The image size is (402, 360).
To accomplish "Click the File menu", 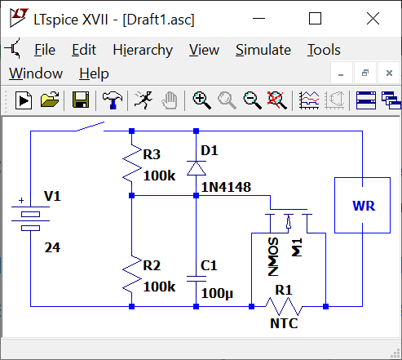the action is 45,50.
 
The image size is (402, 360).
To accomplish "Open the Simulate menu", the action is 263,50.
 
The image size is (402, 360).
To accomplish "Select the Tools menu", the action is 324,50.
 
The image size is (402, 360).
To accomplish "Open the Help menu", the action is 94,73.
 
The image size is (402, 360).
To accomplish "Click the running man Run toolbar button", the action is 144,100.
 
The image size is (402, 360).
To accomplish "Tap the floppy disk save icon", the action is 81,100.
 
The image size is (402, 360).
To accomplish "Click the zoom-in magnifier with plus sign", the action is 201,100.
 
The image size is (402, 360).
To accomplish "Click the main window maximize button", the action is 315,19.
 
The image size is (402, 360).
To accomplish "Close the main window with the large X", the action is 373,19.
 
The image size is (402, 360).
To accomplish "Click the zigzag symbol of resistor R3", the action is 132,163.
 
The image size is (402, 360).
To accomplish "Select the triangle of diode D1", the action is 196,168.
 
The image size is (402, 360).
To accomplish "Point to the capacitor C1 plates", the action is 196,279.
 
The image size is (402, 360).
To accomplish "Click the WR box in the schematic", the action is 362,206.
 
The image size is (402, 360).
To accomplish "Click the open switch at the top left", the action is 91,127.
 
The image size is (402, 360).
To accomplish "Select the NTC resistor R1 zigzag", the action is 284,307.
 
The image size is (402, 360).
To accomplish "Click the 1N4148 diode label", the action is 226,187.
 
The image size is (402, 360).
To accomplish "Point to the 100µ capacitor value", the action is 217,294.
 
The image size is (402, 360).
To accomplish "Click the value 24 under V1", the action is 52,247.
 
